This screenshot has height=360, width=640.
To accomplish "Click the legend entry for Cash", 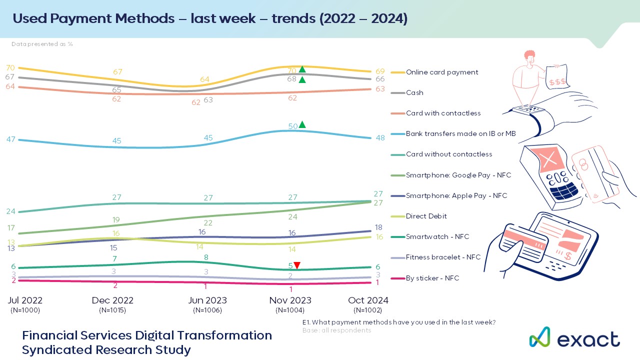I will [414, 92].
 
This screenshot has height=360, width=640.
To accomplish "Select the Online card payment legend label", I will [442, 72].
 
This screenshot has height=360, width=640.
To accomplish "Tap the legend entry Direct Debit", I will [426, 216].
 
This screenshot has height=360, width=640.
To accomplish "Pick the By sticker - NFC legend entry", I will [432, 278].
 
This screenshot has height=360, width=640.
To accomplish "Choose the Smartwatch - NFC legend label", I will [437, 236].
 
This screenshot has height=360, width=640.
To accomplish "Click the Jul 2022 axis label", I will [25, 300].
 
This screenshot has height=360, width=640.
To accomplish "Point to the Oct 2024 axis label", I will [368, 300].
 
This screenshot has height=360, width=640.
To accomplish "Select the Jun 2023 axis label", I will [207, 300].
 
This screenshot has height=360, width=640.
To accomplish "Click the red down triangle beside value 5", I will [297, 265].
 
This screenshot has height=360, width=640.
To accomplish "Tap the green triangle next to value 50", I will [302, 124].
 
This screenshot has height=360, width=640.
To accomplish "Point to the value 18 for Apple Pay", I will [379, 227].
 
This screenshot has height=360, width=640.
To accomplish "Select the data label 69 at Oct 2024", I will [379, 71].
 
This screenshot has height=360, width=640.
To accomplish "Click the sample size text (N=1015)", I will [112, 310].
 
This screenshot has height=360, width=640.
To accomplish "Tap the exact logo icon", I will [539, 337].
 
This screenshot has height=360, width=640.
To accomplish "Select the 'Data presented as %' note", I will [42, 44].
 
